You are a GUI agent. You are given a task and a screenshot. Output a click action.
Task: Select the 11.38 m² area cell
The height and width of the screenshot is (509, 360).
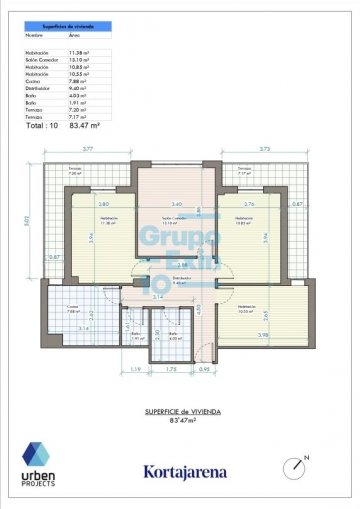(80, 53)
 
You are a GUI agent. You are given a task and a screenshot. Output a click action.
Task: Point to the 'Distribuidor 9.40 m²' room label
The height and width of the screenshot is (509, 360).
(180, 280)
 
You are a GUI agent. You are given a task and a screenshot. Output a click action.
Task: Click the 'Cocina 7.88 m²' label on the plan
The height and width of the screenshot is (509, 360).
(73, 308)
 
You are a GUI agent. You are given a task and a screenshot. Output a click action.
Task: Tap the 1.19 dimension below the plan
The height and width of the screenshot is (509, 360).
(107, 369)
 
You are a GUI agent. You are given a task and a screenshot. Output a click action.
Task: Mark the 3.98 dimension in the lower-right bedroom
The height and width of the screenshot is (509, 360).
(263, 334)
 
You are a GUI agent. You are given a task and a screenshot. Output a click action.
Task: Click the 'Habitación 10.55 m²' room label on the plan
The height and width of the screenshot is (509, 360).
(246, 309)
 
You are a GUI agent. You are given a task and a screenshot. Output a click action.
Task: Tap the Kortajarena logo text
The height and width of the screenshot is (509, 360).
(185, 471)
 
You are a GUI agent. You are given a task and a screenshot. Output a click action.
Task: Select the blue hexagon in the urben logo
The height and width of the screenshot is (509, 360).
(38, 455)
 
